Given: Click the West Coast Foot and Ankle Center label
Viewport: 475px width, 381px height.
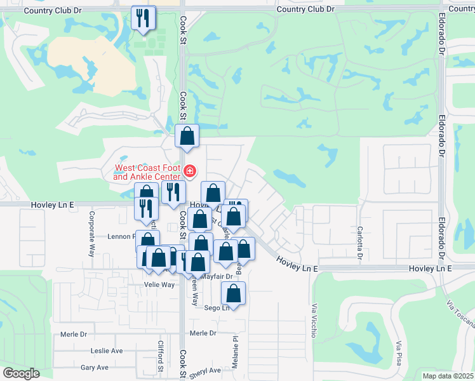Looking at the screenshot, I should (x=147, y=172).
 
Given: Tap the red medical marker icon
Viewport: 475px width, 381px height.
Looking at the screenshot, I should (x=189, y=171).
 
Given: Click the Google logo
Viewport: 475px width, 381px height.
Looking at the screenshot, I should (x=21, y=373).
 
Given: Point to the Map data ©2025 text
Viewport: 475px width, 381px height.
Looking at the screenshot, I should (x=448, y=376).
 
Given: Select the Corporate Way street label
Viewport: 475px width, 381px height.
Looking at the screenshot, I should (x=91, y=225).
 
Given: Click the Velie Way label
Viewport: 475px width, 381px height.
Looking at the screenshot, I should (x=159, y=284).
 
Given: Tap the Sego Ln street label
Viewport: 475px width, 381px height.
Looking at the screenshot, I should (x=217, y=308).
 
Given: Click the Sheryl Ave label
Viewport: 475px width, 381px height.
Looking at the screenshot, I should (x=204, y=371).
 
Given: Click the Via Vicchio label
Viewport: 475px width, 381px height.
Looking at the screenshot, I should (x=313, y=321).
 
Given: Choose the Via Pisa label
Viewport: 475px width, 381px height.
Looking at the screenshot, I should (x=399, y=353).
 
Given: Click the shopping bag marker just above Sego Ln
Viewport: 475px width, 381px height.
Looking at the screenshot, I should (x=234, y=293).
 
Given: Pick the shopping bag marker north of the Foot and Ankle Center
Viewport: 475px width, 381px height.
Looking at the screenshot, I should (x=187, y=136).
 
